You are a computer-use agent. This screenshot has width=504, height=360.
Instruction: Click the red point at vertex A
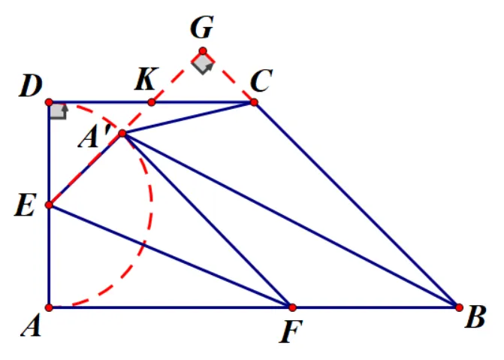pyautogui.click(x=49, y=307)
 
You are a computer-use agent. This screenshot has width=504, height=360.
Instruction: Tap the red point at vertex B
pyautogui.click(x=460, y=307)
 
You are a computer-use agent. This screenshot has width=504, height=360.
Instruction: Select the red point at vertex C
pyautogui.click(x=254, y=102)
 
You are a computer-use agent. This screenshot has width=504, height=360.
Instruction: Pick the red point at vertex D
pyautogui.click(x=49, y=102)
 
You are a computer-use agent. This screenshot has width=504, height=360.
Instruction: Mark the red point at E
pyautogui.click(x=49, y=204)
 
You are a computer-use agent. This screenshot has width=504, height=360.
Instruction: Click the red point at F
pyautogui.click(x=292, y=307)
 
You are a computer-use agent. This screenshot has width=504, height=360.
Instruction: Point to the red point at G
pyautogui.click(x=203, y=51)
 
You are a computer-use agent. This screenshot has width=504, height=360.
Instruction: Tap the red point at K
pyautogui.click(x=152, y=102)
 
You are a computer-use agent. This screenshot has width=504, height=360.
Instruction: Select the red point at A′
pyautogui.click(x=122, y=133)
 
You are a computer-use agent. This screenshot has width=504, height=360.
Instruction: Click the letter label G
pyautogui.click(x=202, y=28)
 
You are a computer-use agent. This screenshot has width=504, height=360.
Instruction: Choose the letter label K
pyautogui.click(x=146, y=78)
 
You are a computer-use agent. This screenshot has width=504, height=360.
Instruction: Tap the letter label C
pyautogui.click(x=261, y=80)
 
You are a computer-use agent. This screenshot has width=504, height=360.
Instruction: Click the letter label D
pyautogui.click(x=31, y=86)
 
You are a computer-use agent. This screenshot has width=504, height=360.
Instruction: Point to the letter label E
pyautogui.click(x=25, y=205)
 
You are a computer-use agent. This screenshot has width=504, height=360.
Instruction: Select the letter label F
pyautogui.click(x=291, y=332)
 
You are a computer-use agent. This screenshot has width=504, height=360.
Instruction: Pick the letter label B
pyautogui.click(x=475, y=317)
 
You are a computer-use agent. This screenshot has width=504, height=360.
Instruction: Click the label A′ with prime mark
pyautogui.click(x=95, y=136)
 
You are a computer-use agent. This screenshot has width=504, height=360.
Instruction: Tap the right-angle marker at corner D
pyautogui.click(x=58, y=112)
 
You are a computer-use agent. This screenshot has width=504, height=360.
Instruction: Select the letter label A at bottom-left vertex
pyautogui.click(x=32, y=326)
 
